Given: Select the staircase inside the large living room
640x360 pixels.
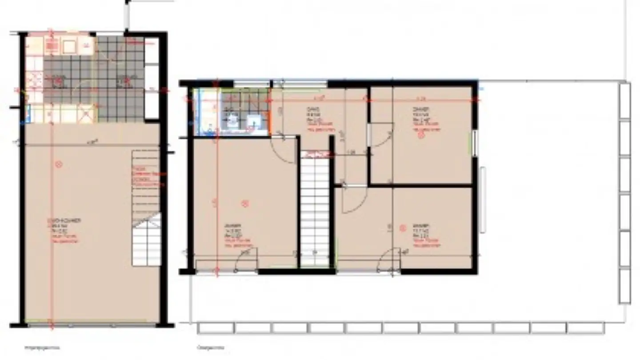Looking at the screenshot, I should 146,209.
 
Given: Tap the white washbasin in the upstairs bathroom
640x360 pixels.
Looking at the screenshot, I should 255,121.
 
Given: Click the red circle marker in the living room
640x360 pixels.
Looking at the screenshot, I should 58,164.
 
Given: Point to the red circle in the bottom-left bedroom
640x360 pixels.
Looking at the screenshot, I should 244,204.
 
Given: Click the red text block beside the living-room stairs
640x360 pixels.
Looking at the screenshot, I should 148,176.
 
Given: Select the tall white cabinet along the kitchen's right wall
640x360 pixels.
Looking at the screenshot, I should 152,78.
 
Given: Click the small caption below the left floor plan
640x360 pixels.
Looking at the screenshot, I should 42,348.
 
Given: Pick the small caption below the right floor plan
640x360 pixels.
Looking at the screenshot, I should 209,348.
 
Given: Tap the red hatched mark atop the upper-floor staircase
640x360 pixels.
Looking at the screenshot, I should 315,154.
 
